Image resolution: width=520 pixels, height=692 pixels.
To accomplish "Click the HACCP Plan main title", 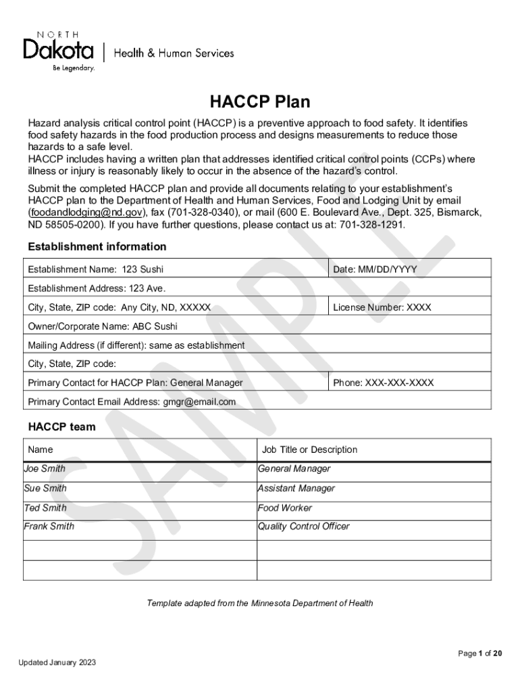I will coord(259,102).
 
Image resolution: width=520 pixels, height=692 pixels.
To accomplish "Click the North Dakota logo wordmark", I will coord(59,49).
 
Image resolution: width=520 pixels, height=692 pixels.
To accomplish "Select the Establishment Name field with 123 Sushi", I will coord(95,270).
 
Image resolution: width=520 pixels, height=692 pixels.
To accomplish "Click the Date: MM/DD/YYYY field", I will coord(375,270).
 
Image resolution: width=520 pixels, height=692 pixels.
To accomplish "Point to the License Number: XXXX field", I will coord(382,307).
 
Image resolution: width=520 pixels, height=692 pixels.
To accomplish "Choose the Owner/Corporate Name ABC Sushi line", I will coord(103,326).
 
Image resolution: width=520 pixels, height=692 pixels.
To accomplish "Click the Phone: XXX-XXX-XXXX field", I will coord(383,383).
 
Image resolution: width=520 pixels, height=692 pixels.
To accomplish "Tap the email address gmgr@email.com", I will coord(199,402).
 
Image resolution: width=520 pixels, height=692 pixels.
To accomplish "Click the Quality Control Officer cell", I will coord(304,526).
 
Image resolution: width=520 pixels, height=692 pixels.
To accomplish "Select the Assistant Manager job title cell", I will coord(296,488).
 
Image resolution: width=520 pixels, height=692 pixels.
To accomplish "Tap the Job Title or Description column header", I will coord(309,449).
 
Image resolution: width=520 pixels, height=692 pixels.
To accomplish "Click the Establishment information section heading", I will coord(97,247).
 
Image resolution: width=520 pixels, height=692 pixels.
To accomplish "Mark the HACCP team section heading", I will coord(61,427).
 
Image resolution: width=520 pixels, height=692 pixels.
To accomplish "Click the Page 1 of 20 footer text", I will coord(479,653).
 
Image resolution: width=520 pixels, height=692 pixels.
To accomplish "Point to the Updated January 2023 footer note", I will coord(57,662).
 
